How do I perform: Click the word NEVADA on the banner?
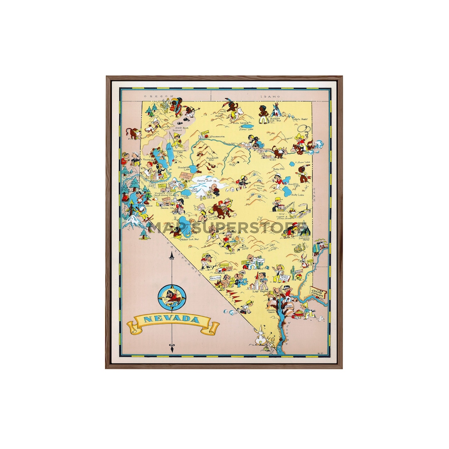coord(172,320)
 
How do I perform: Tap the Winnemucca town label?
coord(217,136)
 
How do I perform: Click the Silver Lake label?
coord(246,129)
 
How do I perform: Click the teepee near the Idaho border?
coord(275,111)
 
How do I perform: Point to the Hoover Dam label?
coord(273,310)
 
